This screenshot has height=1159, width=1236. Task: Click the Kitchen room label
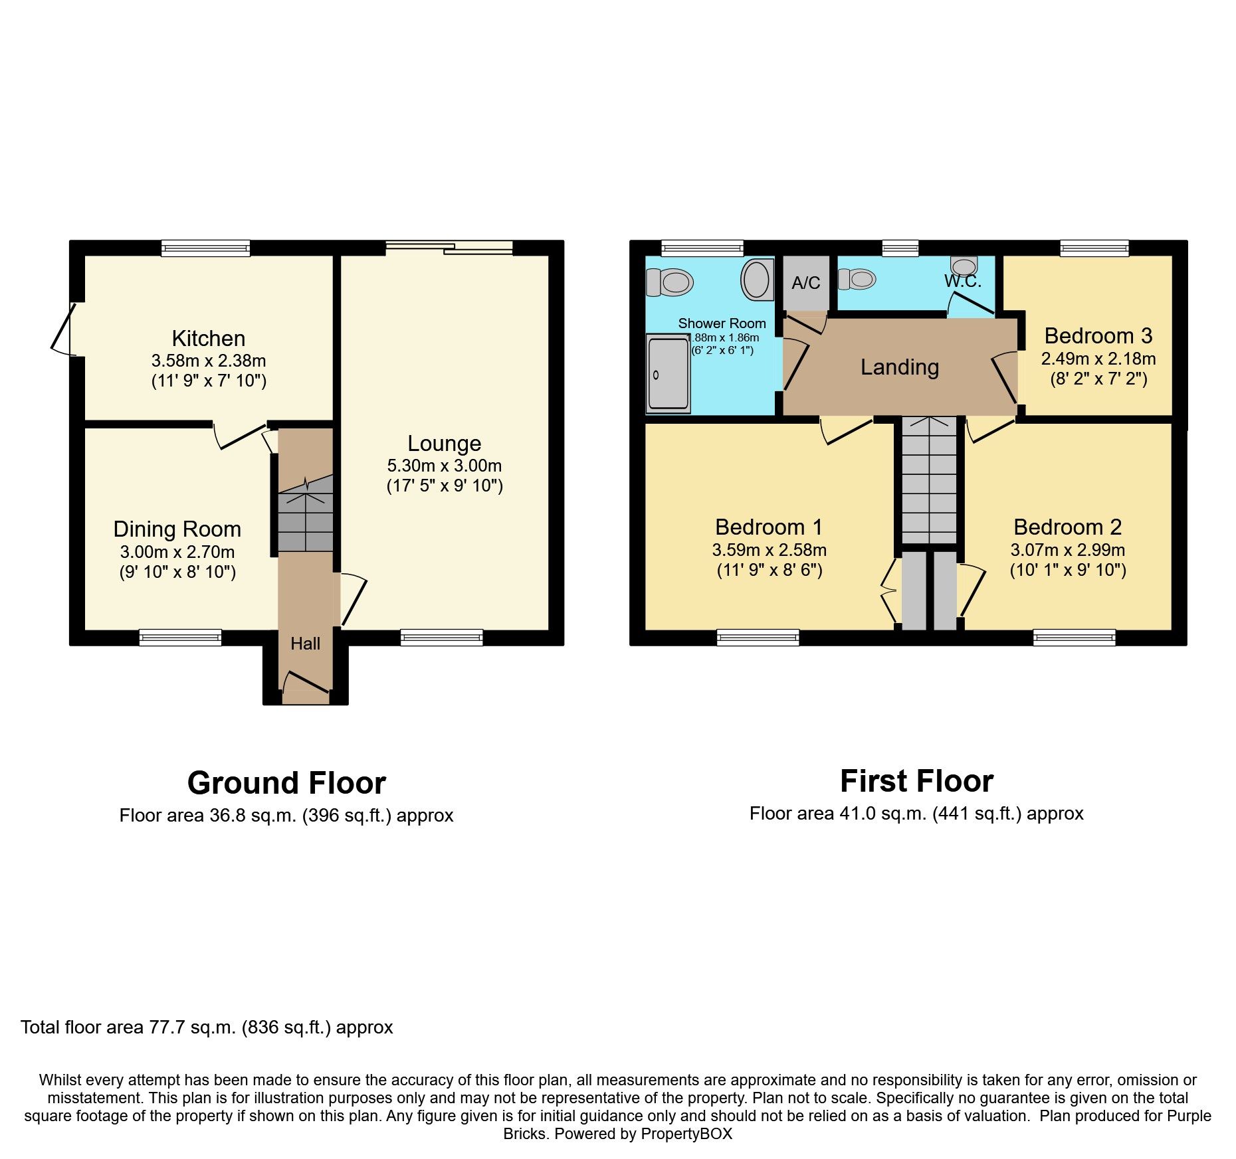click(208, 339)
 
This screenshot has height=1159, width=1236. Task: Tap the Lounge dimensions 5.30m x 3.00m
click(444, 466)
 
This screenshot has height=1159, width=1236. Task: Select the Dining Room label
click(177, 529)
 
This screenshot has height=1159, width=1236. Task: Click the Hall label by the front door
click(305, 644)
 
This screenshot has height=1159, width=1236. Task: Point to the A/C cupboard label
click(805, 283)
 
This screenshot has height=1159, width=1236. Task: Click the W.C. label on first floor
click(962, 281)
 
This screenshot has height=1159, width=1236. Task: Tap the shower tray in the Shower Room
click(668, 373)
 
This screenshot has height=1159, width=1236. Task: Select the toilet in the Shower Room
click(669, 282)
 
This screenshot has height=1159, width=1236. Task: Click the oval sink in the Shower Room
click(757, 279)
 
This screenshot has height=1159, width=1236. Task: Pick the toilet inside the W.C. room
click(857, 279)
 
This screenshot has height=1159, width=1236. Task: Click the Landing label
click(899, 367)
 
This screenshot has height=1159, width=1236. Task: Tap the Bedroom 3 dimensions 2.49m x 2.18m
click(1098, 359)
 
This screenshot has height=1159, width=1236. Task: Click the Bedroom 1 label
click(769, 527)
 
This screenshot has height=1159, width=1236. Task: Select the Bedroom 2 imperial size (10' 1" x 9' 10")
click(1067, 570)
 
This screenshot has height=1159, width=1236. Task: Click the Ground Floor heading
click(286, 783)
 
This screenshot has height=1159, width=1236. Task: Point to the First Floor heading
click(916, 781)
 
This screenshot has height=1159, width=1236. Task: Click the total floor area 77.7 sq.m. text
click(207, 1027)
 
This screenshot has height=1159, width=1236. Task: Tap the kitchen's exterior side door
click(63, 329)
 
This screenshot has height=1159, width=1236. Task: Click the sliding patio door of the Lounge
click(449, 248)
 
